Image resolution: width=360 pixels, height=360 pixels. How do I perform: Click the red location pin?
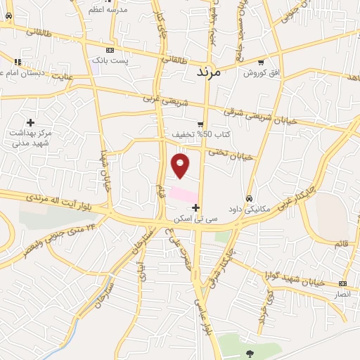click(181, 165)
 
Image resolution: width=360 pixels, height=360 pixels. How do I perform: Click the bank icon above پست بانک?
click(110, 51)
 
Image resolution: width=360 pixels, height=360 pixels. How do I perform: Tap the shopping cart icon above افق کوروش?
click(261, 62)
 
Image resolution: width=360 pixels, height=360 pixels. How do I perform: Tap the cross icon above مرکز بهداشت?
click(30, 122)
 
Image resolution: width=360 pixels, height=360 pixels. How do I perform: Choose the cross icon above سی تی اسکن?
click(195, 207)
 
